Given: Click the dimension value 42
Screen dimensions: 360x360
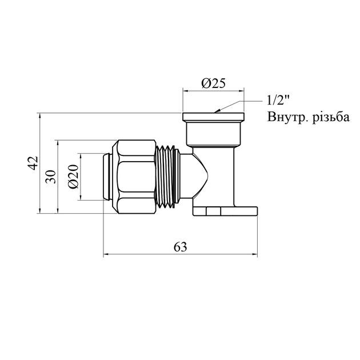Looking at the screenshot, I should pos(33,163).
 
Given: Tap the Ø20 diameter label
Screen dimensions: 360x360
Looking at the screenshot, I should pos(73,177).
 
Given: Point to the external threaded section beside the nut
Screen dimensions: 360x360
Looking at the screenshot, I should pos(167,177).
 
